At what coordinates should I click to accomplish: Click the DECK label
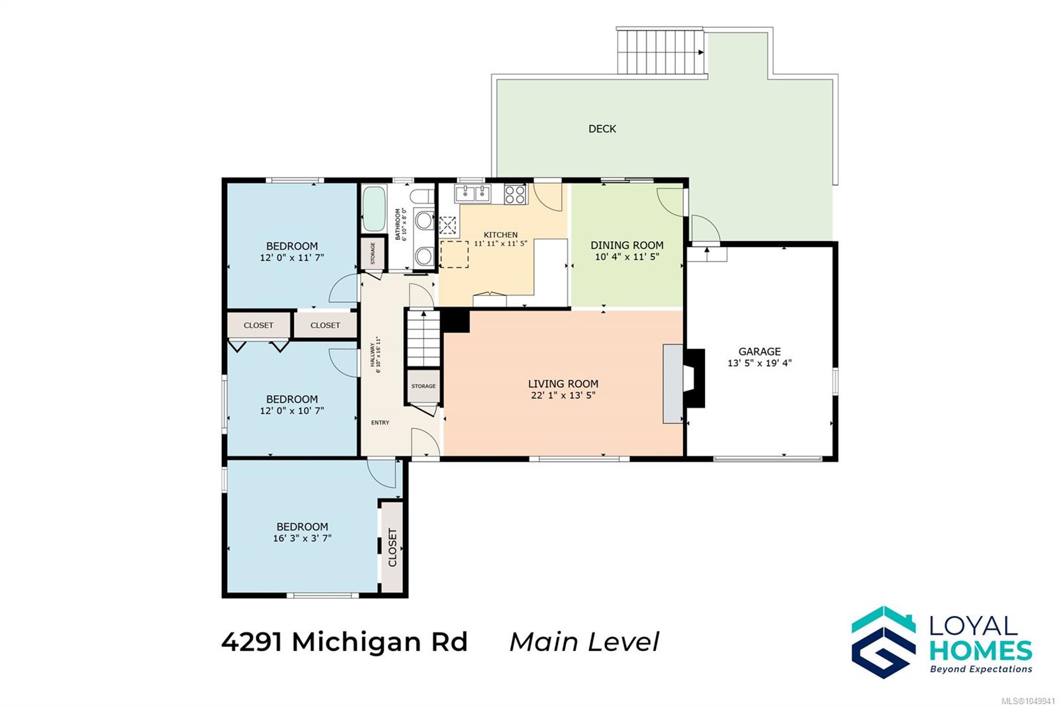[602, 128]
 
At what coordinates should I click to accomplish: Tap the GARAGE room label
[759, 352]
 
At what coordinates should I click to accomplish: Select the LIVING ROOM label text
[563, 383]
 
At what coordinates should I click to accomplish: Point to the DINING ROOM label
[627, 245]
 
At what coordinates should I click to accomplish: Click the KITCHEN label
[500, 234]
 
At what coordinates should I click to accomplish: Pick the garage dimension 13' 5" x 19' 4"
[759, 364]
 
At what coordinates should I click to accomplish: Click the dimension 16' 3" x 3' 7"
[302, 538]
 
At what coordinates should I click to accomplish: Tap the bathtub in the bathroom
[375, 209]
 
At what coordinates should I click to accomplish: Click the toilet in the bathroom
[422, 196]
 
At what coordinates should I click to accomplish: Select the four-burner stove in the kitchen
[516, 194]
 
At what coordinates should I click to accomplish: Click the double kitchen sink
[473, 193]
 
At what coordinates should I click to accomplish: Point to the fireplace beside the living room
[694, 378]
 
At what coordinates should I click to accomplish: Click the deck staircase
[661, 52]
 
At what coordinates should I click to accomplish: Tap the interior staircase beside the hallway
[424, 337]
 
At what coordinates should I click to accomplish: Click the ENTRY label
[380, 423]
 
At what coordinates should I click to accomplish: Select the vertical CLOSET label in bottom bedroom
[392, 548]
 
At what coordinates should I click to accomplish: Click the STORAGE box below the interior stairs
[424, 386]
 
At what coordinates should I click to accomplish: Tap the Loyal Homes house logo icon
[884, 642]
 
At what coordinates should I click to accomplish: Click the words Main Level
[584, 642]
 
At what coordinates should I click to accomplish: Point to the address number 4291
[252, 642]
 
